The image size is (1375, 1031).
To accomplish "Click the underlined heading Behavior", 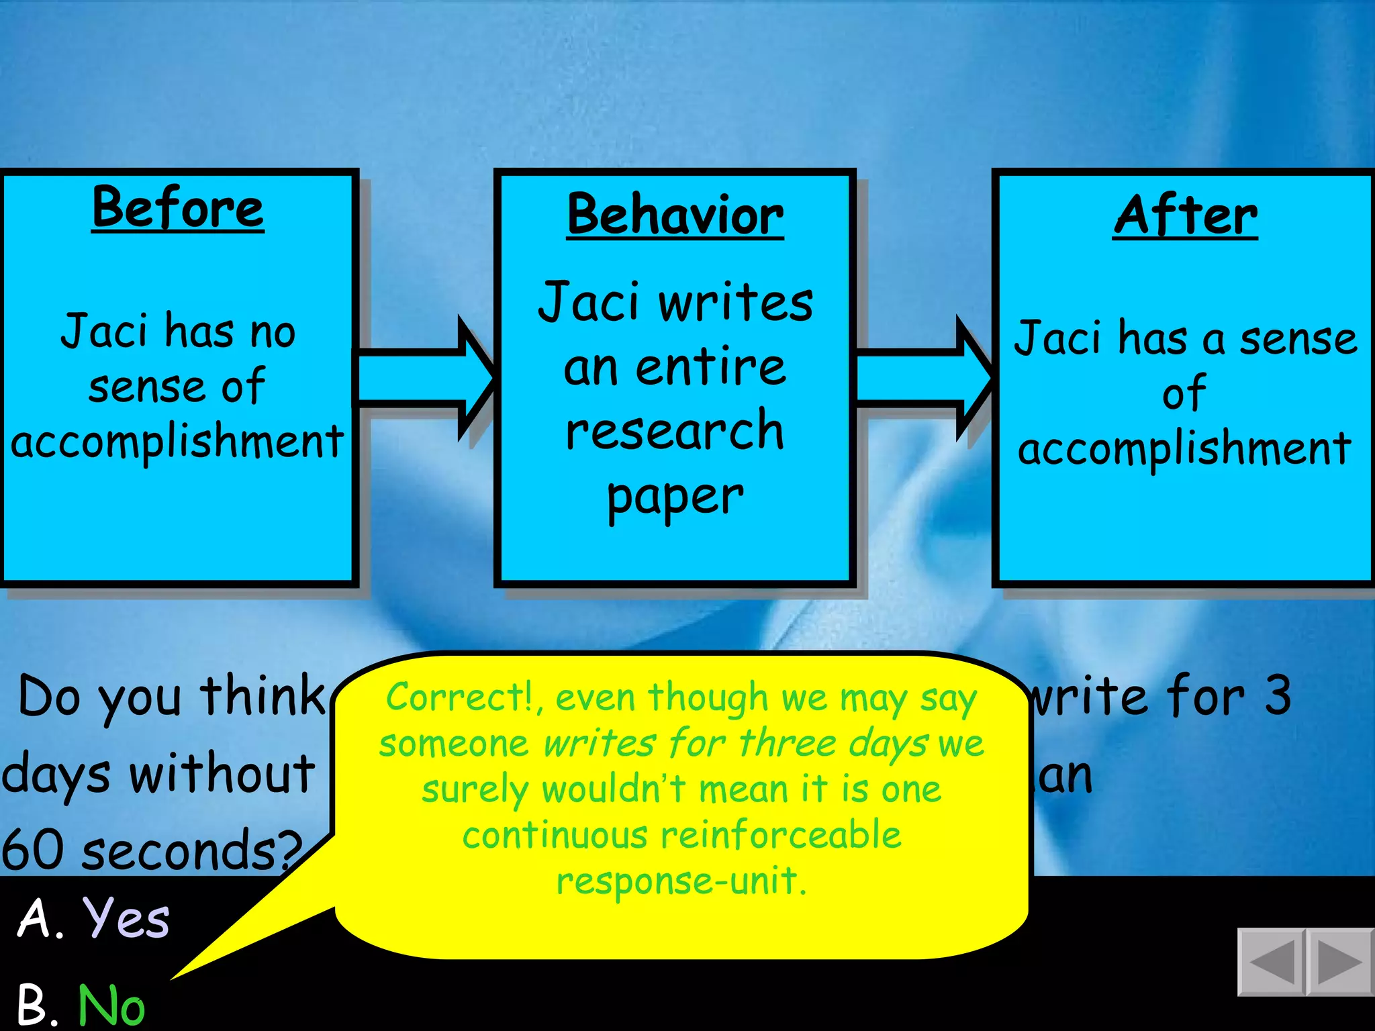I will (675, 215).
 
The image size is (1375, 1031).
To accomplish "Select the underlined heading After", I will (1185, 216).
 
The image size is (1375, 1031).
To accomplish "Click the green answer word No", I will (111, 1005).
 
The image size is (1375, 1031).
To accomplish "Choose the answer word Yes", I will (126, 918).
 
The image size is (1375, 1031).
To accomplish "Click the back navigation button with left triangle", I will (1271, 962).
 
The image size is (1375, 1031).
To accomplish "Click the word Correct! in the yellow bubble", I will (460, 697).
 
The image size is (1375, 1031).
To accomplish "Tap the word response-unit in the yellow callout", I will (681, 881).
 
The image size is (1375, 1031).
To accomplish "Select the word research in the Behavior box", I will (675, 430).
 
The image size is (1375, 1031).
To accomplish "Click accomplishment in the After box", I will (1184, 448).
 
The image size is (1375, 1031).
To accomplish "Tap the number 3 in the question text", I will (1277, 695).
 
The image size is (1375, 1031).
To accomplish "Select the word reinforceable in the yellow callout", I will (780, 836).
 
